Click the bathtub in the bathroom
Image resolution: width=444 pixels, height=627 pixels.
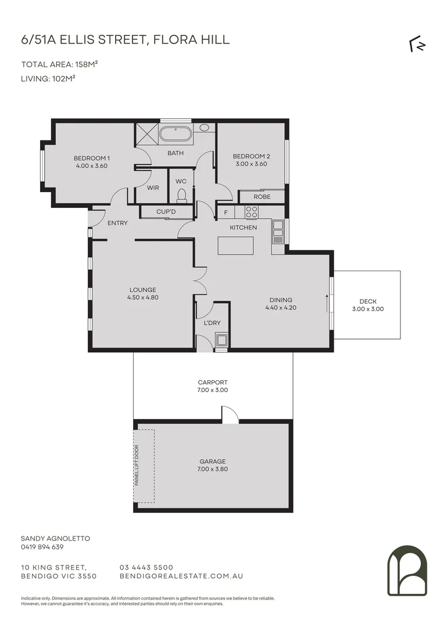[x=176, y=135]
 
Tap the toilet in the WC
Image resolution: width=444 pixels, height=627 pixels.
[x=181, y=195]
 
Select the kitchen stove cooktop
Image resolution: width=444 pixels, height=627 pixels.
[x=251, y=212]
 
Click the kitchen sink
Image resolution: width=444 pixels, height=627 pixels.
[x=278, y=231]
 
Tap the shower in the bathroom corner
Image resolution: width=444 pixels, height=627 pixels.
[x=147, y=135]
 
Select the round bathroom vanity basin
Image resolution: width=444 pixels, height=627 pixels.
[x=205, y=128]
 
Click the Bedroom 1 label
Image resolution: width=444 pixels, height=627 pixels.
[x=91, y=158]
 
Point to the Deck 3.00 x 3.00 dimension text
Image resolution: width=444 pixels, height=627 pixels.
[x=368, y=309]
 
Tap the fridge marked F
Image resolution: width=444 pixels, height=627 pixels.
[x=225, y=212]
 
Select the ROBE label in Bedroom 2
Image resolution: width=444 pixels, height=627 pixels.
[x=262, y=197]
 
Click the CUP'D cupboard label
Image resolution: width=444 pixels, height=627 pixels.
[x=166, y=212]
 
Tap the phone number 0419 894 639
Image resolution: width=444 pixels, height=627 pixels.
[x=42, y=547]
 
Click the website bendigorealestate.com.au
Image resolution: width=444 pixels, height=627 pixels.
[x=181, y=576]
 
